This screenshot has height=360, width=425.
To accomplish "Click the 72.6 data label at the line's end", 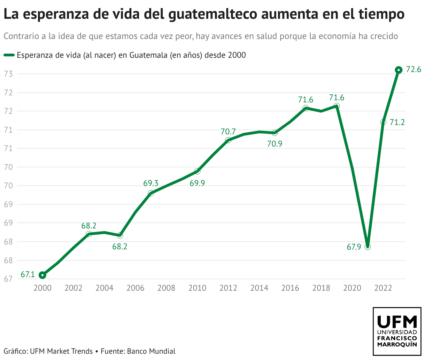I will [x=414, y=70].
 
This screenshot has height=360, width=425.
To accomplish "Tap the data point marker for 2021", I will [x=368, y=247].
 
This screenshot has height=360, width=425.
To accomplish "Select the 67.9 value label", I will [x=354, y=247].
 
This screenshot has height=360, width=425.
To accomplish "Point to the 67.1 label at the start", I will [x=28, y=274].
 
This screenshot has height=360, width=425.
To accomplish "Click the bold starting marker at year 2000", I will [x=42, y=275].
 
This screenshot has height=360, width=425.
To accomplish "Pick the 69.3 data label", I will [x=151, y=183].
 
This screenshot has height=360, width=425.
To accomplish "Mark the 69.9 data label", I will [x=197, y=183].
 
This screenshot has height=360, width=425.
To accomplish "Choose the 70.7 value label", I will [x=228, y=132].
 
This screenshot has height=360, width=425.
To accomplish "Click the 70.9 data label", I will [x=275, y=143].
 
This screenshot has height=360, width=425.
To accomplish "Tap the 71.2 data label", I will [x=397, y=122].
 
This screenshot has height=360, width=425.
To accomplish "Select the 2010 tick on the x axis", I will [x=197, y=288].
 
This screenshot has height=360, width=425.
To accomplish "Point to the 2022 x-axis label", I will [x=383, y=288].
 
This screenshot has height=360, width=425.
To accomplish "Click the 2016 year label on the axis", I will [x=290, y=288].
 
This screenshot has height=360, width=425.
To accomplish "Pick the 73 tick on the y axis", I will [x=8, y=74].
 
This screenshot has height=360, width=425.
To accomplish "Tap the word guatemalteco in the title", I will [x=218, y=15].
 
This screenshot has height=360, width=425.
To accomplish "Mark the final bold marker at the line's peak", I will [x=399, y=70].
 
